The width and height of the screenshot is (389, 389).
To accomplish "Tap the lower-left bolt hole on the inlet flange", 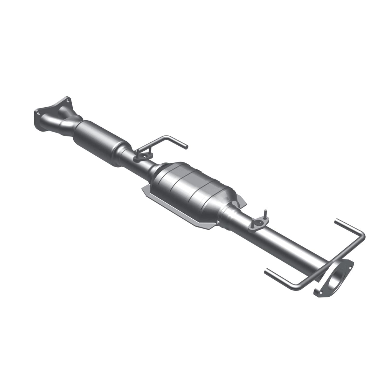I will point(38,113).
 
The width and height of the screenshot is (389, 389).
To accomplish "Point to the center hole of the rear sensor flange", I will point(258,223).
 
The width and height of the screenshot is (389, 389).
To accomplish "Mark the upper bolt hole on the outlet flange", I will point(351,265).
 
